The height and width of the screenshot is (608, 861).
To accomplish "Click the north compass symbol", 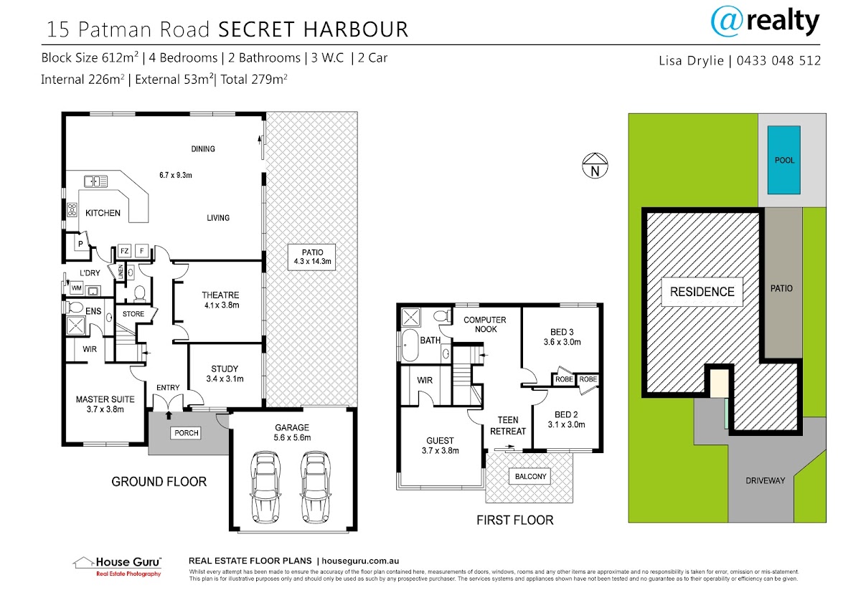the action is (595, 166).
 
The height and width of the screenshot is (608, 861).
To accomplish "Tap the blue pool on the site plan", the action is (784, 160).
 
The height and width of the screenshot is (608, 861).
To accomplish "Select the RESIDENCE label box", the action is (702, 292).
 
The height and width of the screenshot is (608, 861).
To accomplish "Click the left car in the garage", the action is (265, 488).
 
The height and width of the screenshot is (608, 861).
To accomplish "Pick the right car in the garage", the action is (316, 488).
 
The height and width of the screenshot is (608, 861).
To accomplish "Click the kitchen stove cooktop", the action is (72, 209).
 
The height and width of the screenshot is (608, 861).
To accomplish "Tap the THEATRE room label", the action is (221, 295).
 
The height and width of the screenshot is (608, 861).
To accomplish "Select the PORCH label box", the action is (187, 433).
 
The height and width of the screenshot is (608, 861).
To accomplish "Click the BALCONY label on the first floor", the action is (530, 476).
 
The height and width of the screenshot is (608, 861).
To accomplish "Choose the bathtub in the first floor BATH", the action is (410, 345).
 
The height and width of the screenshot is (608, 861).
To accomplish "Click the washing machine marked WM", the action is (77, 288).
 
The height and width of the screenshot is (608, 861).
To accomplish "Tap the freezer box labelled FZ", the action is (124, 251).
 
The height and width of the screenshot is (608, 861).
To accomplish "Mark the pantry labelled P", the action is (80, 244).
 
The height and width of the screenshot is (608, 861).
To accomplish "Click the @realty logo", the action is (765, 22).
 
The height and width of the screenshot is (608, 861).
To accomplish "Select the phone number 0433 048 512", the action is (778, 60).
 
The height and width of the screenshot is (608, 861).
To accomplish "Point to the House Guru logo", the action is (117, 566).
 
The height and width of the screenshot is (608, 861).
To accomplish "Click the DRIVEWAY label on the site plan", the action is (765, 480).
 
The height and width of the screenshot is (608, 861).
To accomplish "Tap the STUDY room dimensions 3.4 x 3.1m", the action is (225, 379).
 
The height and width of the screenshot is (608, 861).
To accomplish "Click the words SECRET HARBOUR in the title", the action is (314, 29).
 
